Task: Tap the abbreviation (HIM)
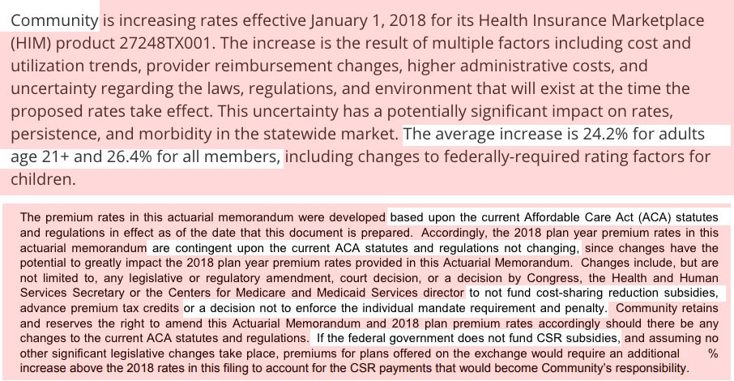tap(31, 41)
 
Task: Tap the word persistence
tap(54, 134)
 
